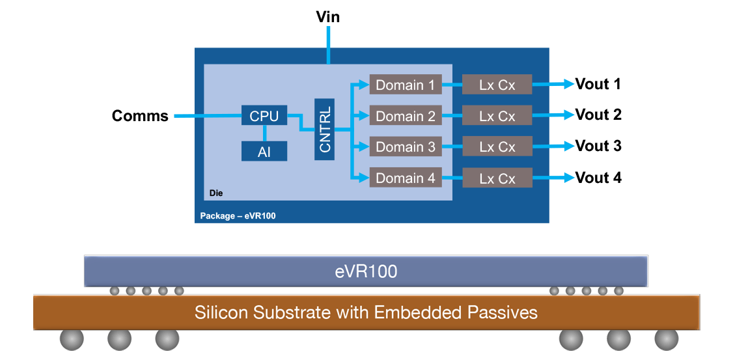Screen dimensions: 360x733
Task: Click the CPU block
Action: pyautogui.click(x=264, y=116)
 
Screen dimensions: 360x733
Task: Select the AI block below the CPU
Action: pyautogui.click(x=264, y=151)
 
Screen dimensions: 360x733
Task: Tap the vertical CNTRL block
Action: pyautogui.click(x=324, y=130)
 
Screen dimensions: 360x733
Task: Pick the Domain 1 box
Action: pyautogui.click(x=405, y=85)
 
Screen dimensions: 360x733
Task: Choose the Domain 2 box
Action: pyautogui.click(x=405, y=116)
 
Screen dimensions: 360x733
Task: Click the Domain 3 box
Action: pyautogui.click(x=405, y=147)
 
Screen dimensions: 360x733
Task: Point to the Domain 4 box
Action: pyautogui.click(x=405, y=178)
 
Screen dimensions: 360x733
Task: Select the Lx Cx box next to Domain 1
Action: pyautogui.click(x=497, y=85)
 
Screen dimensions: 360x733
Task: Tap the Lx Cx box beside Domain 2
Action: pyautogui.click(x=497, y=116)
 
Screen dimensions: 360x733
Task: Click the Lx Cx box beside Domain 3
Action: pyautogui.click(x=497, y=147)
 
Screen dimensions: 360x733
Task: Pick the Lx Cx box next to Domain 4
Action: pyautogui.click(x=497, y=178)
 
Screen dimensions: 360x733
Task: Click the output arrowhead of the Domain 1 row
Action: pyautogui.click(x=570, y=83)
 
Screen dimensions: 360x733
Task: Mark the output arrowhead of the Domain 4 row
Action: pyautogui.click(x=570, y=177)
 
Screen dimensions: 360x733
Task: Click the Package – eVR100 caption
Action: pyautogui.click(x=238, y=215)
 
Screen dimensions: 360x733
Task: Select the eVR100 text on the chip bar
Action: pyautogui.click(x=366, y=271)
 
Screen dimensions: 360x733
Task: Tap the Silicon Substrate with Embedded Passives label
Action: pyautogui.click(x=366, y=312)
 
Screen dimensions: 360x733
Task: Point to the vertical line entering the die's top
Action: pyautogui.click(x=328, y=45)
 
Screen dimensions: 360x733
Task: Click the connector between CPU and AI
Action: pyautogui.click(x=264, y=133)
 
